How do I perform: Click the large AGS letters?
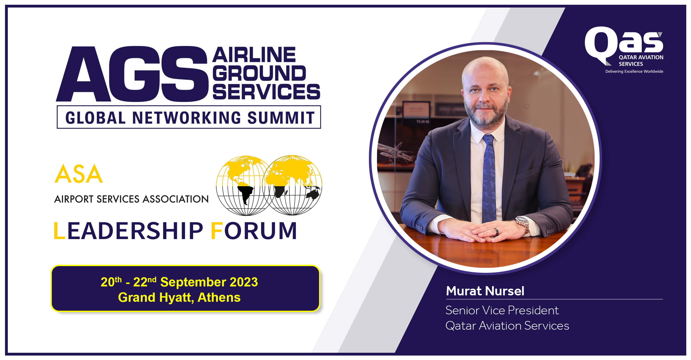[132, 74]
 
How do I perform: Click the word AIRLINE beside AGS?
[254, 55]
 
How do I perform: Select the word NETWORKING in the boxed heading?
[186, 118]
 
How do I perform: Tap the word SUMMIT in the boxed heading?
[281, 118]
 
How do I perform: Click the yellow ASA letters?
[79, 174]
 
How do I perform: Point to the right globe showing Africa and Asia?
[293, 185]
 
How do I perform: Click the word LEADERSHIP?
[128, 231]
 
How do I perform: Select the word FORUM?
[254, 231]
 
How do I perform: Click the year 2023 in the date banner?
[244, 282]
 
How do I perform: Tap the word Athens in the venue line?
[219, 298]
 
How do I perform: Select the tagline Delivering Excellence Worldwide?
[634, 72]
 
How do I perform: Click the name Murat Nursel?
[485, 291]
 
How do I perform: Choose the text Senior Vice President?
[502, 310]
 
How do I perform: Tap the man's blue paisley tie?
[489, 178]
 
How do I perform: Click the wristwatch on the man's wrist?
[523, 224]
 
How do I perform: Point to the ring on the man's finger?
[496, 232]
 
